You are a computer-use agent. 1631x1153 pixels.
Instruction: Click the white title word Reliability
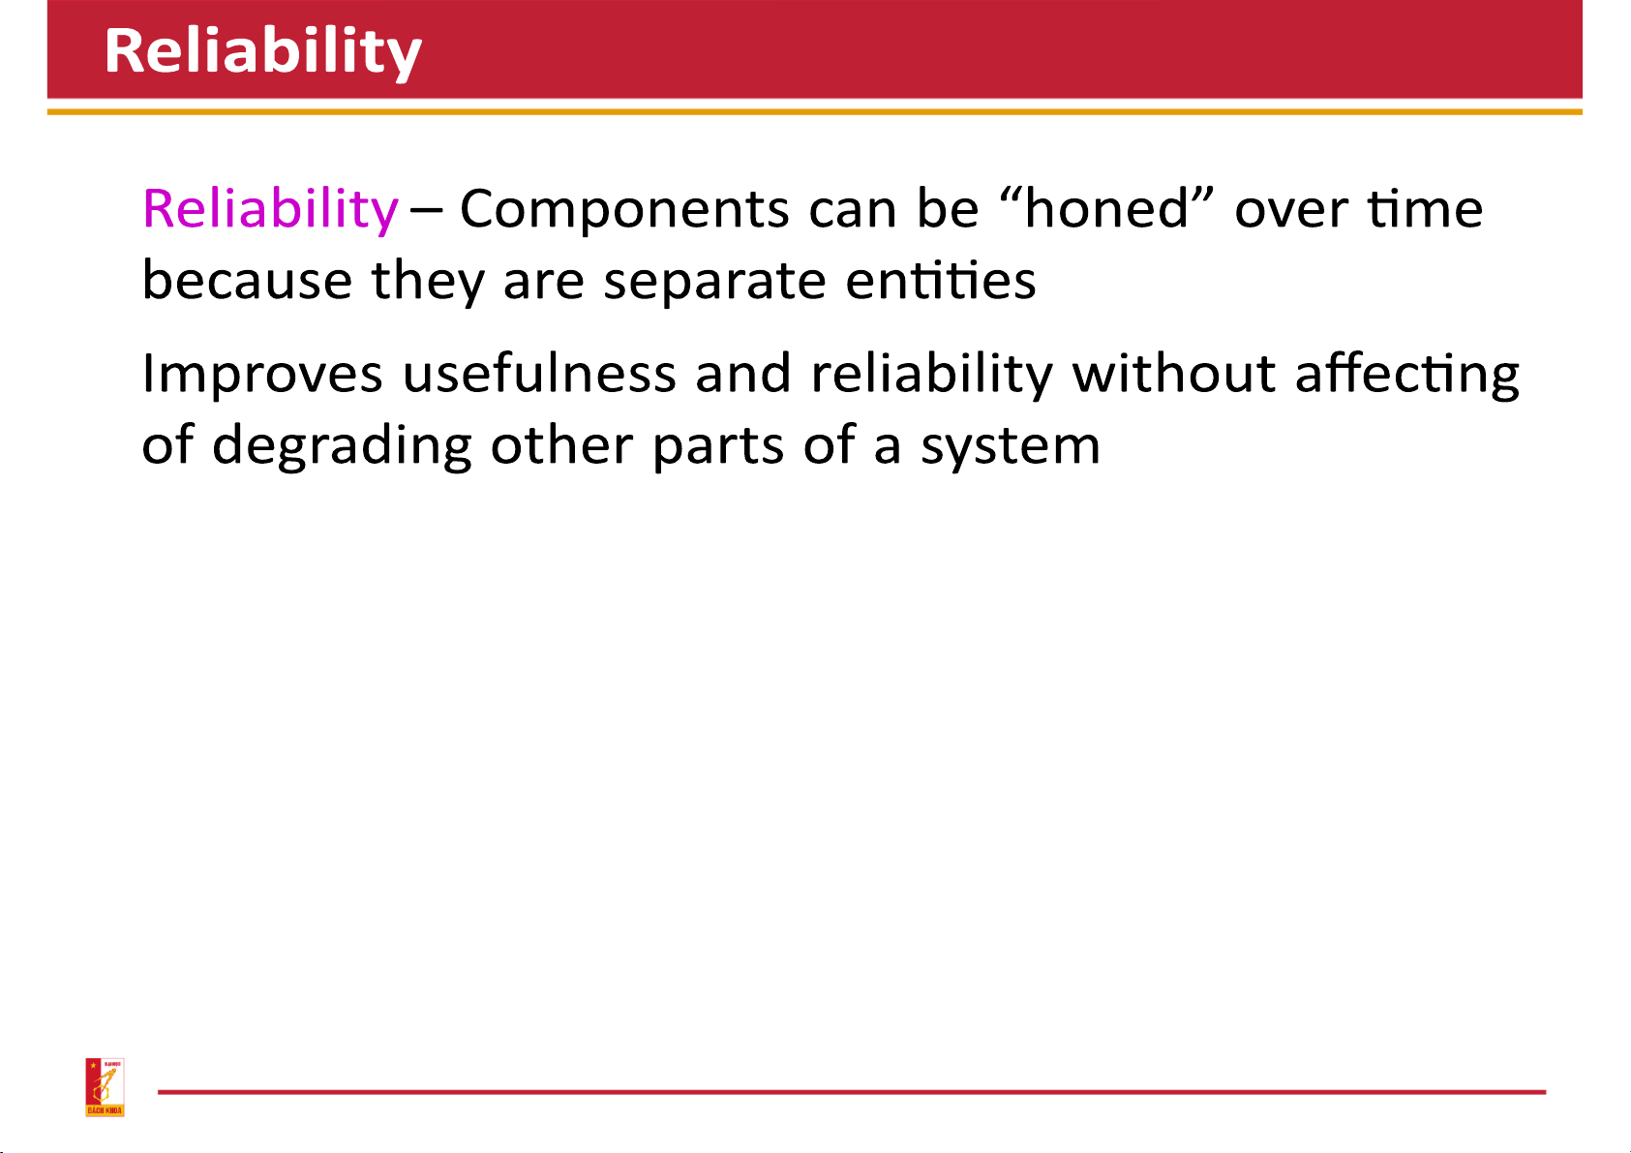(263, 51)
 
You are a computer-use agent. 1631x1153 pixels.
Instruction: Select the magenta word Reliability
(270, 210)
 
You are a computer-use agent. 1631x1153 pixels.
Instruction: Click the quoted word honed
(1106, 208)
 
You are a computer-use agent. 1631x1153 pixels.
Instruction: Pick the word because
(247, 280)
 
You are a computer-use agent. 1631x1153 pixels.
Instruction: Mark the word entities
(940, 280)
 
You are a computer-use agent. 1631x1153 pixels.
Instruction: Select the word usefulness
(539, 372)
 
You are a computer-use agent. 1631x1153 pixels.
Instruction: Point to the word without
(1173, 372)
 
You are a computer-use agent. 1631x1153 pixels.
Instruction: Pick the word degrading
(342, 445)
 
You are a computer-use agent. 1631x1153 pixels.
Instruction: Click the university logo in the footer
(105, 1087)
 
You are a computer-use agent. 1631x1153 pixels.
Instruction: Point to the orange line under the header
(815, 111)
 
